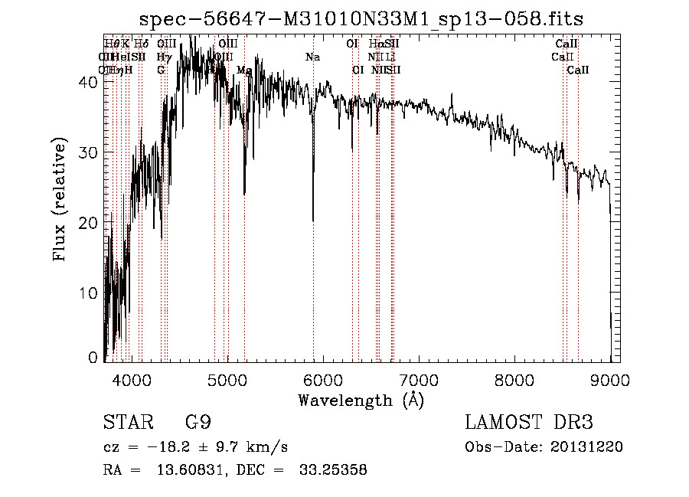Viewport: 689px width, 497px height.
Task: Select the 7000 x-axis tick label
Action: click(419, 379)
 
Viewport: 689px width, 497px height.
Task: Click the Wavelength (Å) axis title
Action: click(361, 400)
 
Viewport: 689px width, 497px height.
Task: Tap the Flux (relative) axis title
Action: click(60, 201)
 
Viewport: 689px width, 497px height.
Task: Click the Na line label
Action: click(312, 57)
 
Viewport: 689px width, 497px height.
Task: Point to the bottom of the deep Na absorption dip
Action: click(313, 220)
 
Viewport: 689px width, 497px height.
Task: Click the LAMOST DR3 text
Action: click(529, 423)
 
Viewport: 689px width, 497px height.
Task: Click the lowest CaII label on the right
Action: click(578, 70)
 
